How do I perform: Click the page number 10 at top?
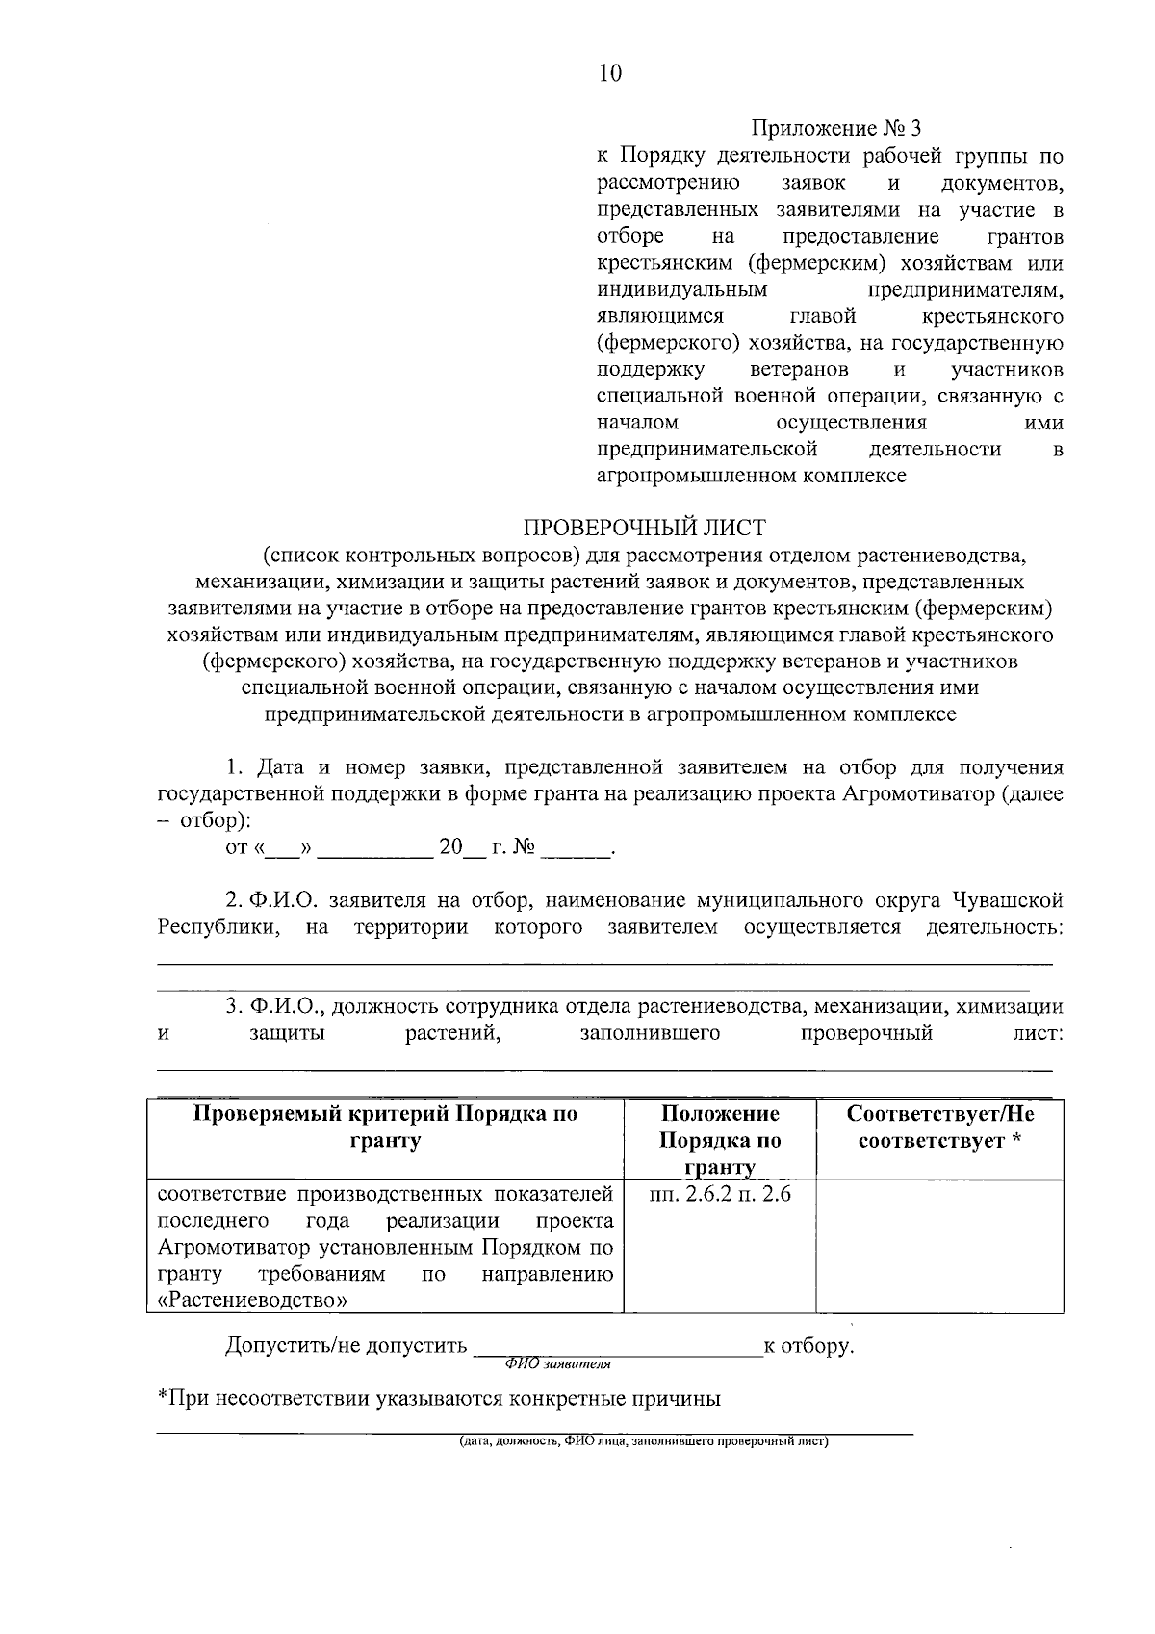click(x=610, y=73)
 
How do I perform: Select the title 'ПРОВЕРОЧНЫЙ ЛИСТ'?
click(x=644, y=528)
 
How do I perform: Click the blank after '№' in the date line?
click(x=576, y=849)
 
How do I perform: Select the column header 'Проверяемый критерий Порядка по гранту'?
click(x=386, y=1128)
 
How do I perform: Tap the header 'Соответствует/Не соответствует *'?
click(x=939, y=1128)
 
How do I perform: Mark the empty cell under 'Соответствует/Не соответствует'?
click(x=939, y=1247)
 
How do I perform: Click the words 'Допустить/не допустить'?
click(x=346, y=1345)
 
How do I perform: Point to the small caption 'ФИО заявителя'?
click(x=558, y=1364)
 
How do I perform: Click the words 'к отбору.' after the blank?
click(x=808, y=1345)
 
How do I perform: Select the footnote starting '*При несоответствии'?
click(x=439, y=1399)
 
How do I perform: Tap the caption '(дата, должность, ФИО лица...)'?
click(x=643, y=1442)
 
